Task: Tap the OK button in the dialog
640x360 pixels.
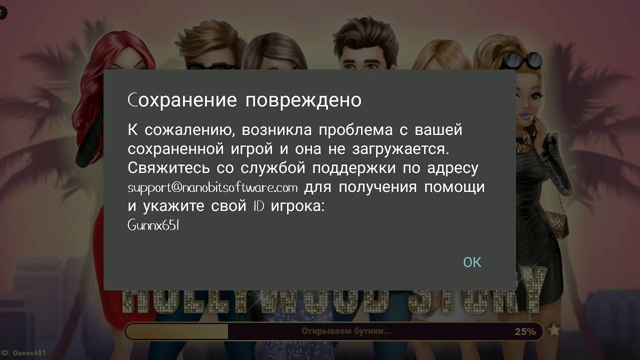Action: coord(472,262)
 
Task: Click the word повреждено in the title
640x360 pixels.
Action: coord(303,100)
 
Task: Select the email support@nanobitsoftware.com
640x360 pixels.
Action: coord(212,188)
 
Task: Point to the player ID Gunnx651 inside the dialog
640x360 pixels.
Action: coord(153,225)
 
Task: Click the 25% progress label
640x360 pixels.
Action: coord(525,331)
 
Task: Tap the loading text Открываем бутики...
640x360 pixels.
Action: coord(346,331)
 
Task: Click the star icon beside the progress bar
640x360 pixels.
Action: coord(553,330)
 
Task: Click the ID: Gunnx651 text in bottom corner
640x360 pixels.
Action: coord(23,353)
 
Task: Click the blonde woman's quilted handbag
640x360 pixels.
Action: coord(555,220)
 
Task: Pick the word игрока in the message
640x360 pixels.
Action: coord(297,206)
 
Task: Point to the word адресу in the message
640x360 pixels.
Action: coord(453,168)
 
